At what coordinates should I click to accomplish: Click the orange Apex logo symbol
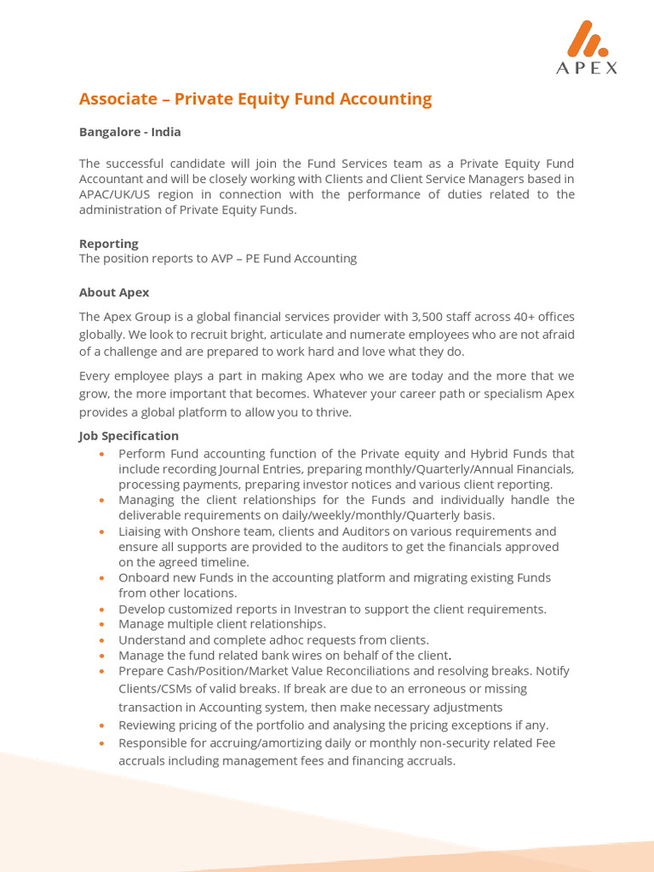(x=587, y=39)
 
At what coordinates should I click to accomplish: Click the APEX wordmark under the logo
(x=588, y=69)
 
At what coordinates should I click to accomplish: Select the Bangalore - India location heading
(x=129, y=132)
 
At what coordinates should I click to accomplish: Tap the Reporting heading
(x=108, y=244)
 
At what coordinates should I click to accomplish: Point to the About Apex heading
(x=114, y=292)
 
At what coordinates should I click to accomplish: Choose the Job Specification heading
(x=129, y=436)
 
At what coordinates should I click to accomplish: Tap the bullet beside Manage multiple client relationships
(x=101, y=625)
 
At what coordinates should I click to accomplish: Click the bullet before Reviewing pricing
(x=101, y=726)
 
